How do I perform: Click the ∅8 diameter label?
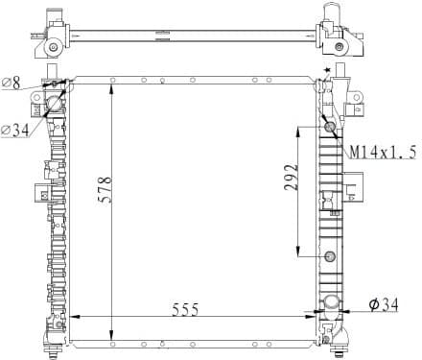coord(12,84)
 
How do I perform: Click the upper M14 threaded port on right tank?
coord(331,127)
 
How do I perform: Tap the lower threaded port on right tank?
coord(331,256)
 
